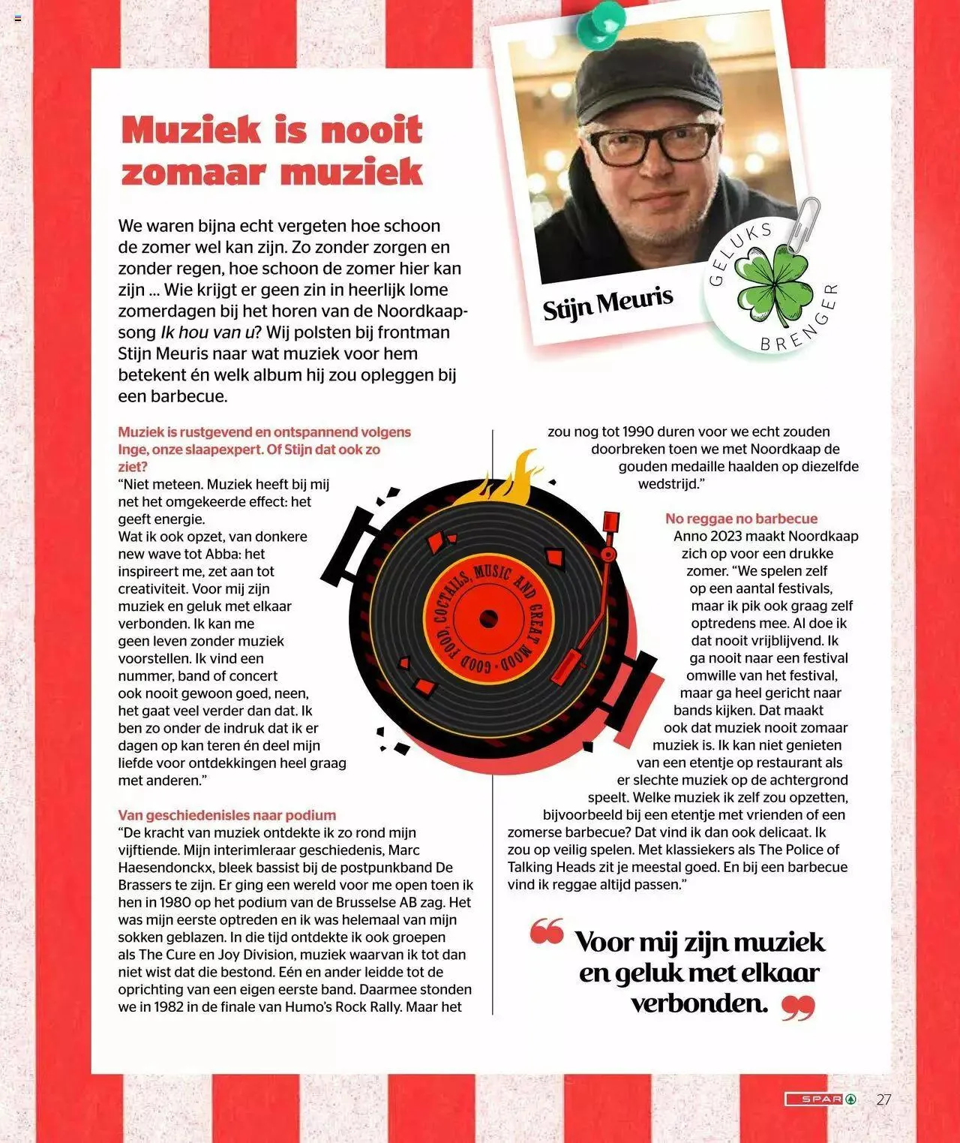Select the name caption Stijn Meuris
pos(607,304)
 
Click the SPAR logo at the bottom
pos(820,1099)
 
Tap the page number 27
pos(883,1099)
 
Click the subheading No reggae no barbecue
pos(741,519)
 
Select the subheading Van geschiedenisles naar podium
pos(226,815)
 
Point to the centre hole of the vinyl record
pos(489,620)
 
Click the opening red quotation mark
pos(547,931)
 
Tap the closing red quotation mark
pos(798,1008)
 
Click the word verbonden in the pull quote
pos(699,1003)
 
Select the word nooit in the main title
pos(371,130)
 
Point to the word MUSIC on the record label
pos(492,575)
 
